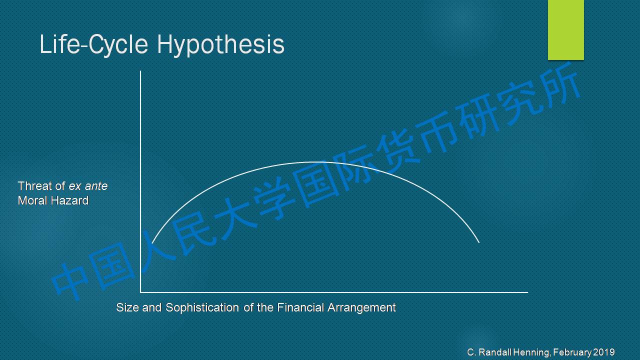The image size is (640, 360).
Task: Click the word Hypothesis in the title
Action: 221,45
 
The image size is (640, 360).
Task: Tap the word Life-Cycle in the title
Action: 93,44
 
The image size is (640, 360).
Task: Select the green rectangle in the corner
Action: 565,29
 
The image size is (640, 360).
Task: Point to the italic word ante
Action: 96,186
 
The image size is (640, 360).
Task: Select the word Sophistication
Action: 202,308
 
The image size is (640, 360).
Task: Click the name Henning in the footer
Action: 531,352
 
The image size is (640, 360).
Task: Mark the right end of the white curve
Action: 479,243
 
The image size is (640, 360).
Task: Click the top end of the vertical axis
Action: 140,71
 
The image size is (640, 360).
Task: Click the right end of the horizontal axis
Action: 528,292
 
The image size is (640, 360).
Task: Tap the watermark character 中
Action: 70,281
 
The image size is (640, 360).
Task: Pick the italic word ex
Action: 75,186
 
